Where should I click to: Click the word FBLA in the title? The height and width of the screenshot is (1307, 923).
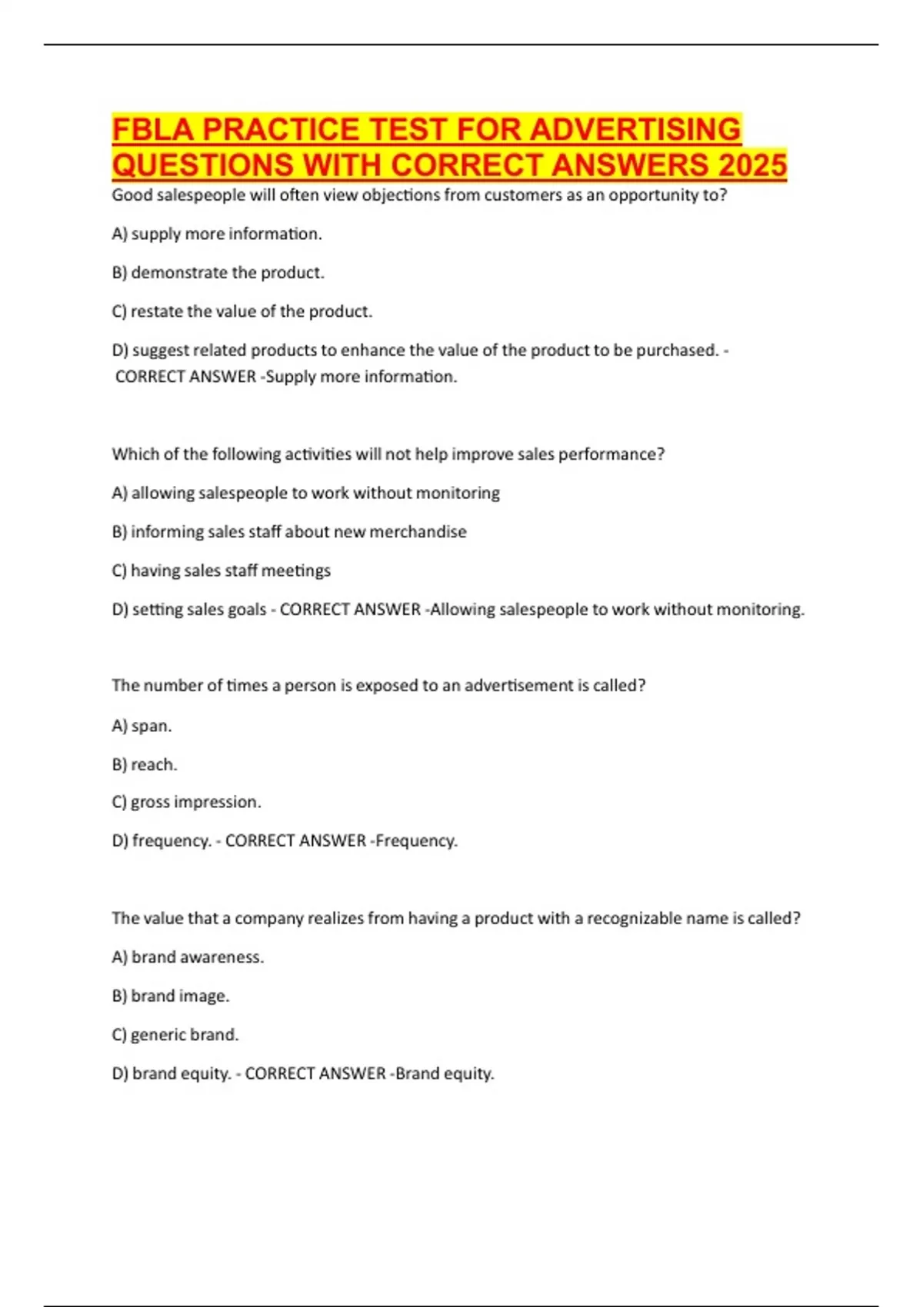(x=152, y=130)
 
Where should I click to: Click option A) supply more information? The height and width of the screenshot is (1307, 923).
(x=217, y=234)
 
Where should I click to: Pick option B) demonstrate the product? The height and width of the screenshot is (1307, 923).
(x=218, y=273)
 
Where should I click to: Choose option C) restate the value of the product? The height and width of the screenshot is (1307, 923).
(x=242, y=311)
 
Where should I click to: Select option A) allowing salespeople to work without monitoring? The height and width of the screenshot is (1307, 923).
(x=305, y=493)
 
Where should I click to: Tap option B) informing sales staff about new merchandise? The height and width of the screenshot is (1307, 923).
(x=289, y=532)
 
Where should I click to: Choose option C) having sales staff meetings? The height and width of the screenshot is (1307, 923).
(x=221, y=570)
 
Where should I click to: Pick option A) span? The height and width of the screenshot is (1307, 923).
(x=142, y=726)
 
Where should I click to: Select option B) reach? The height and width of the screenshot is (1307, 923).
(x=145, y=765)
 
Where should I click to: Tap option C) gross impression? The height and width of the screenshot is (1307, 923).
(x=186, y=802)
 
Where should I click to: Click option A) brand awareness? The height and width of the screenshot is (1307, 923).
(x=188, y=957)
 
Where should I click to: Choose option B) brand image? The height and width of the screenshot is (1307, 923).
(x=171, y=996)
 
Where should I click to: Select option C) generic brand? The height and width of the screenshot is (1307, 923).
(x=175, y=1035)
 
